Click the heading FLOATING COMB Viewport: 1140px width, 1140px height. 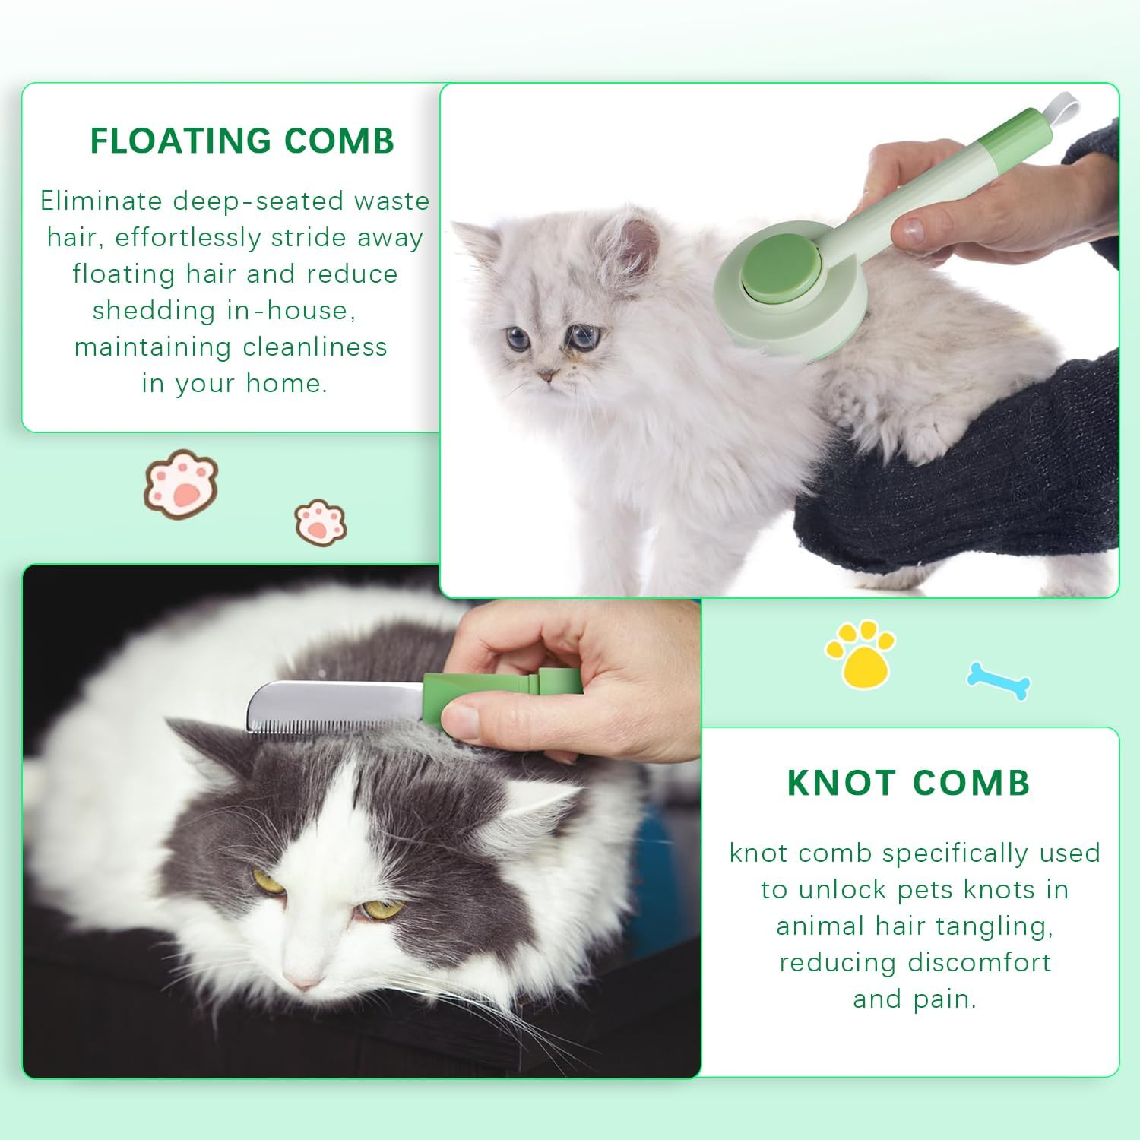(242, 141)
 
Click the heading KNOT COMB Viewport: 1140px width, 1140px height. (908, 784)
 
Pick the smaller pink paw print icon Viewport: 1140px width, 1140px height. (321, 521)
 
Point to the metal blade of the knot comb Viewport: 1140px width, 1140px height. (334, 707)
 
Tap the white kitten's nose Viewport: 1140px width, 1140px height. (545, 376)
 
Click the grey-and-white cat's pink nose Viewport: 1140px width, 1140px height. (302, 980)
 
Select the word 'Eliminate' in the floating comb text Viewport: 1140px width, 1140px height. (103, 201)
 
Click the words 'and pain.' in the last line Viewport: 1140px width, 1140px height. (914, 999)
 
